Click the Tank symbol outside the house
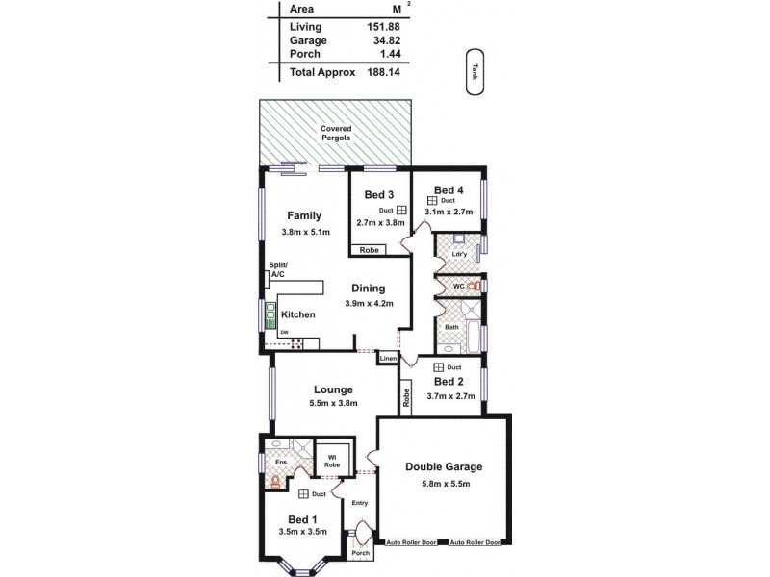(474, 72)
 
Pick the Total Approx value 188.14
(385, 71)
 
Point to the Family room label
(304, 215)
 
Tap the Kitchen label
(298, 314)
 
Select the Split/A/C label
(277, 269)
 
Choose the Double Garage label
(443, 467)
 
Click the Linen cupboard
(388, 358)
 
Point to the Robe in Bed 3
(368, 250)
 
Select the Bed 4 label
(449, 188)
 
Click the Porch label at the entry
(360, 553)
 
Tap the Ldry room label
(459, 254)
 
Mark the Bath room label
(450, 327)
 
